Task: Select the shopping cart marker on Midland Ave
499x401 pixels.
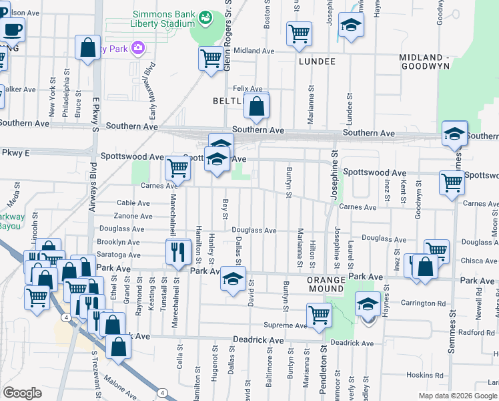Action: coord(211,58)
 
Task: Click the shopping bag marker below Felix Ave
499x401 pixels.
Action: coord(256,105)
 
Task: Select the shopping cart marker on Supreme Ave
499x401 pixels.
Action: coord(320,314)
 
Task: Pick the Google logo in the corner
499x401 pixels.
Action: coord(22,393)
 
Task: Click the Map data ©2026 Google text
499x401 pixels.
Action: coord(458,396)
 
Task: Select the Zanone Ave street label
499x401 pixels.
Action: coord(133,216)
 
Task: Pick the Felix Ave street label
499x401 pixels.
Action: coord(248,88)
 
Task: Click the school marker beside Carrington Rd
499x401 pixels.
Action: coord(368,304)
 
